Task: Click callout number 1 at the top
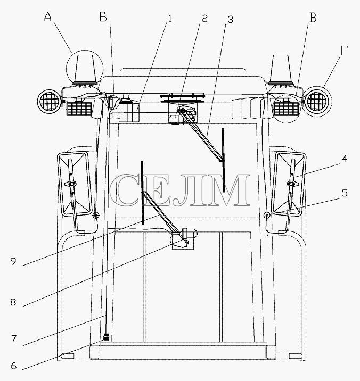[x=170, y=19]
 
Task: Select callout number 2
[x=205, y=18]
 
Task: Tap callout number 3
[x=230, y=20]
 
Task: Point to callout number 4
[x=345, y=159]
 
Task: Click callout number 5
[x=345, y=193]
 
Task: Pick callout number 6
[x=14, y=366]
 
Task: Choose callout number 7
[x=14, y=338]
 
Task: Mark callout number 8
[x=13, y=302]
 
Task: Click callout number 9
[x=13, y=261]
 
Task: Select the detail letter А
[x=48, y=17]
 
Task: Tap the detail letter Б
[x=103, y=17]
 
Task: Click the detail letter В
[x=313, y=18]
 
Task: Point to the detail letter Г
[x=344, y=51]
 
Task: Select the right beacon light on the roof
[x=281, y=70]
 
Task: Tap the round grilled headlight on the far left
[x=48, y=102]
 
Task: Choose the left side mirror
[x=75, y=184]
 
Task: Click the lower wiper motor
[x=184, y=238]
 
